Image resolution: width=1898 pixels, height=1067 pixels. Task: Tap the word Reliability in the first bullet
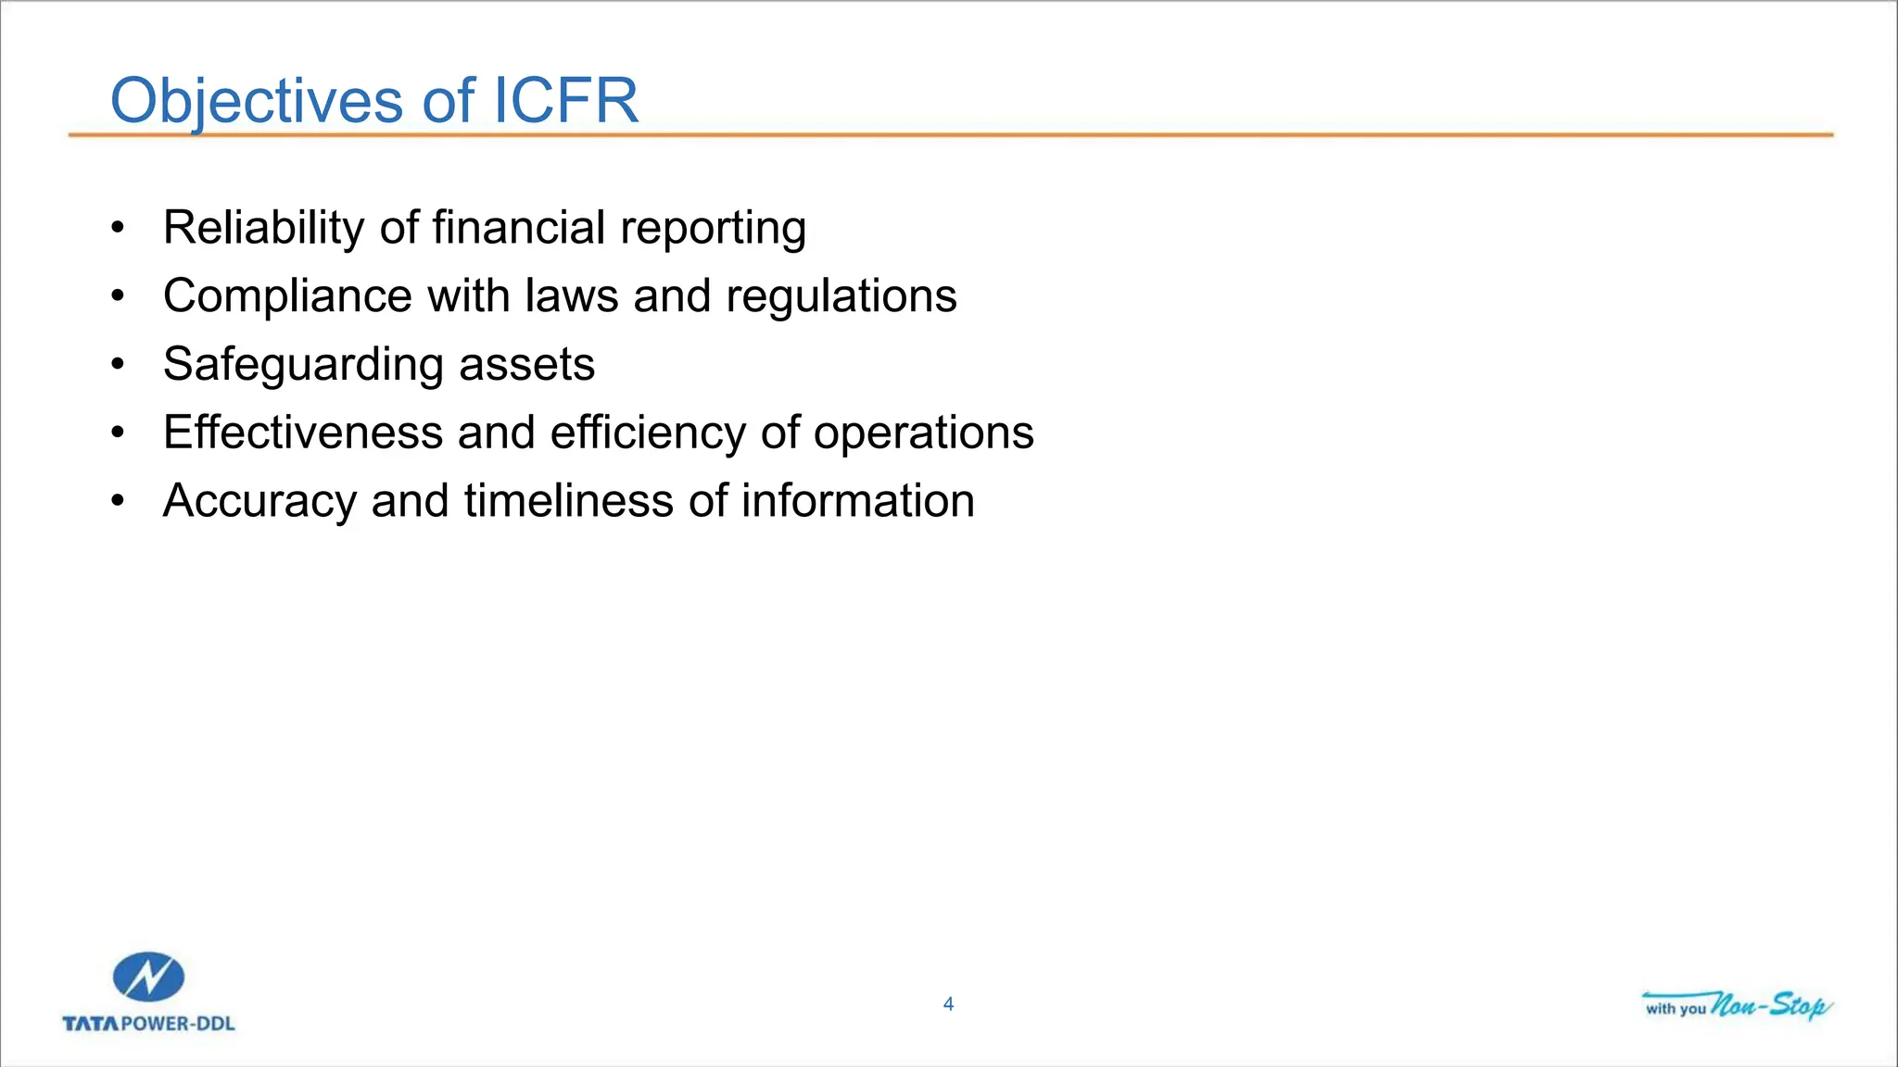pyautogui.click(x=263, y=228)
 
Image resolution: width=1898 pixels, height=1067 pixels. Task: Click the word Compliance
pyautogui.click(x=286, y=296)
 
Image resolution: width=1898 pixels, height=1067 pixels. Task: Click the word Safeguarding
pyautogui.click(x=302, y=365)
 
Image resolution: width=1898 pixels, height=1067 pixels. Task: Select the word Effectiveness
pyautogui.click(x=302, y=433)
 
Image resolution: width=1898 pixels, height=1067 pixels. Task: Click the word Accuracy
pyautogui.click(x=259, y=501)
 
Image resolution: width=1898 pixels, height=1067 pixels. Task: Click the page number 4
pyautogui.click(x=948, y=1004)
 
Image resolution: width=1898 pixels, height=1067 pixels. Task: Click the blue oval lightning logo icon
pyautogui.click(x=148, y=977)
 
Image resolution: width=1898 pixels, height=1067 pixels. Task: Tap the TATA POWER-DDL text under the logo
pyautogui.click(x=148, y=1023)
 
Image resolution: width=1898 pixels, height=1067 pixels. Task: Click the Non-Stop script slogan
pyautogui.click(x=1768, y=1005)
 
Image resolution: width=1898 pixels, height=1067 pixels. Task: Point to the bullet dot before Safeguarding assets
pyautogui.click(x=117, y=365)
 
